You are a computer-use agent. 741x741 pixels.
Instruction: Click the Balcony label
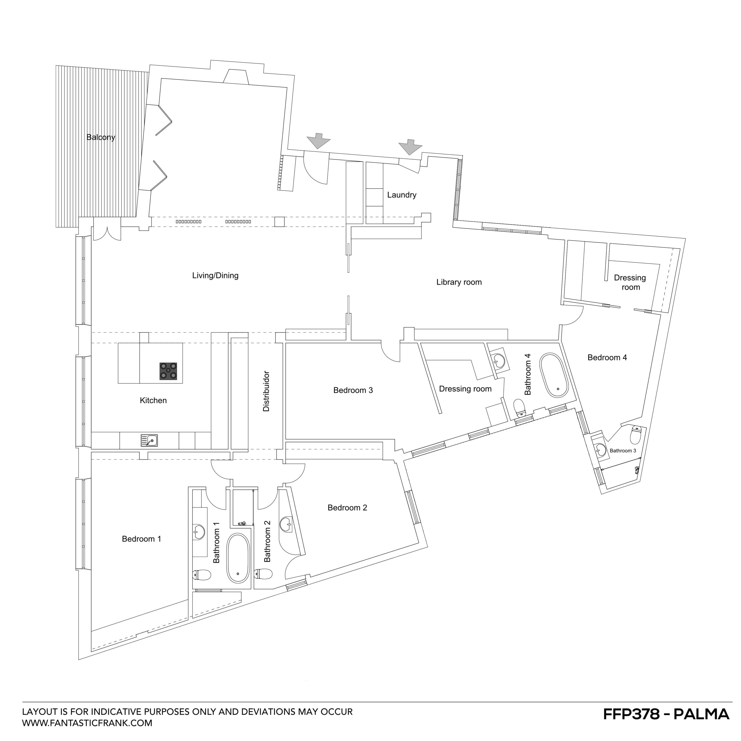100,137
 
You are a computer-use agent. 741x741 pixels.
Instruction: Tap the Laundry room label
402,195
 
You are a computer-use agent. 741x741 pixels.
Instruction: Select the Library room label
459,282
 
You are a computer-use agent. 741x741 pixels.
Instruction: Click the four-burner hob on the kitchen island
168,371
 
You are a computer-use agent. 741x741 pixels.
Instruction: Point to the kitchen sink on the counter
149,441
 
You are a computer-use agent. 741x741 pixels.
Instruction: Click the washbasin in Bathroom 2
286,524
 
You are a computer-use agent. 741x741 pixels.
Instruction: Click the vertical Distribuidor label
266,391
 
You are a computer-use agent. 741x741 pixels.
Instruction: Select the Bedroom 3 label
353,390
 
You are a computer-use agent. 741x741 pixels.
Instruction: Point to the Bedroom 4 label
607,357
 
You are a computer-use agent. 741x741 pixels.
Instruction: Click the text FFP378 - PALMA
666,714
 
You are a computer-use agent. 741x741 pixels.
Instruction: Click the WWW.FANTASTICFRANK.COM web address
87,723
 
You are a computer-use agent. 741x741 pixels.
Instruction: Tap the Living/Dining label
215,275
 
